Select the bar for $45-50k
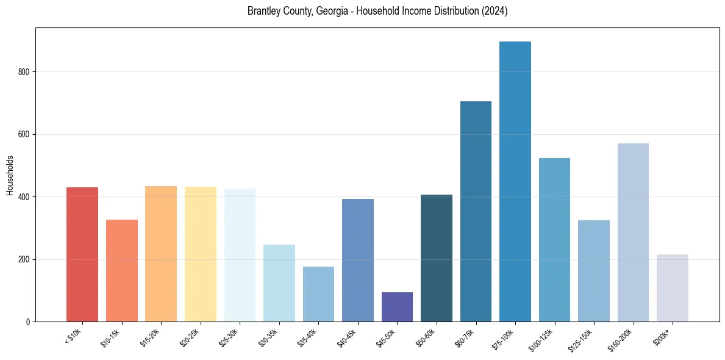[397, 307]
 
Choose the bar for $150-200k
[633, 232]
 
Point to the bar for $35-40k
[318, 294]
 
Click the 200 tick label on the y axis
[24, 259]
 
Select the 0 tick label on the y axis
[27, 322]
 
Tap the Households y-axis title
[10, 175]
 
